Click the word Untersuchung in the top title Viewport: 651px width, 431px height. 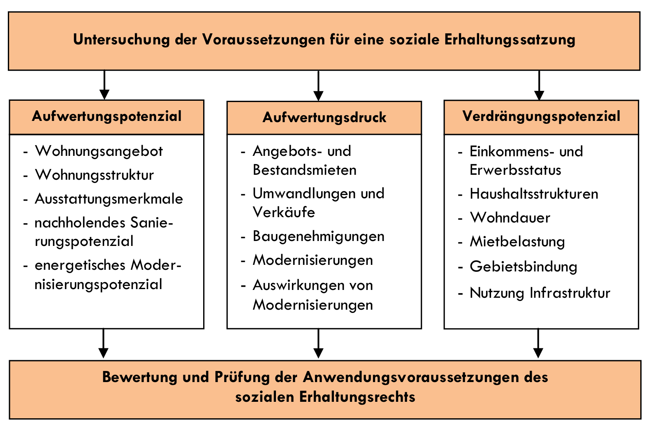[x=121, y=40]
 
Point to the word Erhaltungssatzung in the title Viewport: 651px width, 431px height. [x=510, y=40]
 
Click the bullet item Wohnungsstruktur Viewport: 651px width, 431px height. [x=95, y=175]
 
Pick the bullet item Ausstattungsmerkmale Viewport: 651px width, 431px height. [x=109, y=199]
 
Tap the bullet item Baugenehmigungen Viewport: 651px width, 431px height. [x=319, y=236]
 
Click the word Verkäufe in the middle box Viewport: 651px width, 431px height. [x=284, y=212]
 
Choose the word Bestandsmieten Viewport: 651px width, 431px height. [x=305, y=170]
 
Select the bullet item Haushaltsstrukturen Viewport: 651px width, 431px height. [x=534, y=194]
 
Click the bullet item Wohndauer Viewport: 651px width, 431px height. [x=510, y=218]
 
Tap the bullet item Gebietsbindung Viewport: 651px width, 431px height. [x=524, y=267]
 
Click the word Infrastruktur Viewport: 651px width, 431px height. [x=570, y=293]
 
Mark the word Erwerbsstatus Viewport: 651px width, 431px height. [x=515, y=170]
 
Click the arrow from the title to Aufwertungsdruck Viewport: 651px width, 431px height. [x=319, y=86]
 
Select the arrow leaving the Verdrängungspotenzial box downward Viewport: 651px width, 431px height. [x=538, y=343]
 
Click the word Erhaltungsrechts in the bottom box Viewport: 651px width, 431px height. [x=357, y=397]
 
